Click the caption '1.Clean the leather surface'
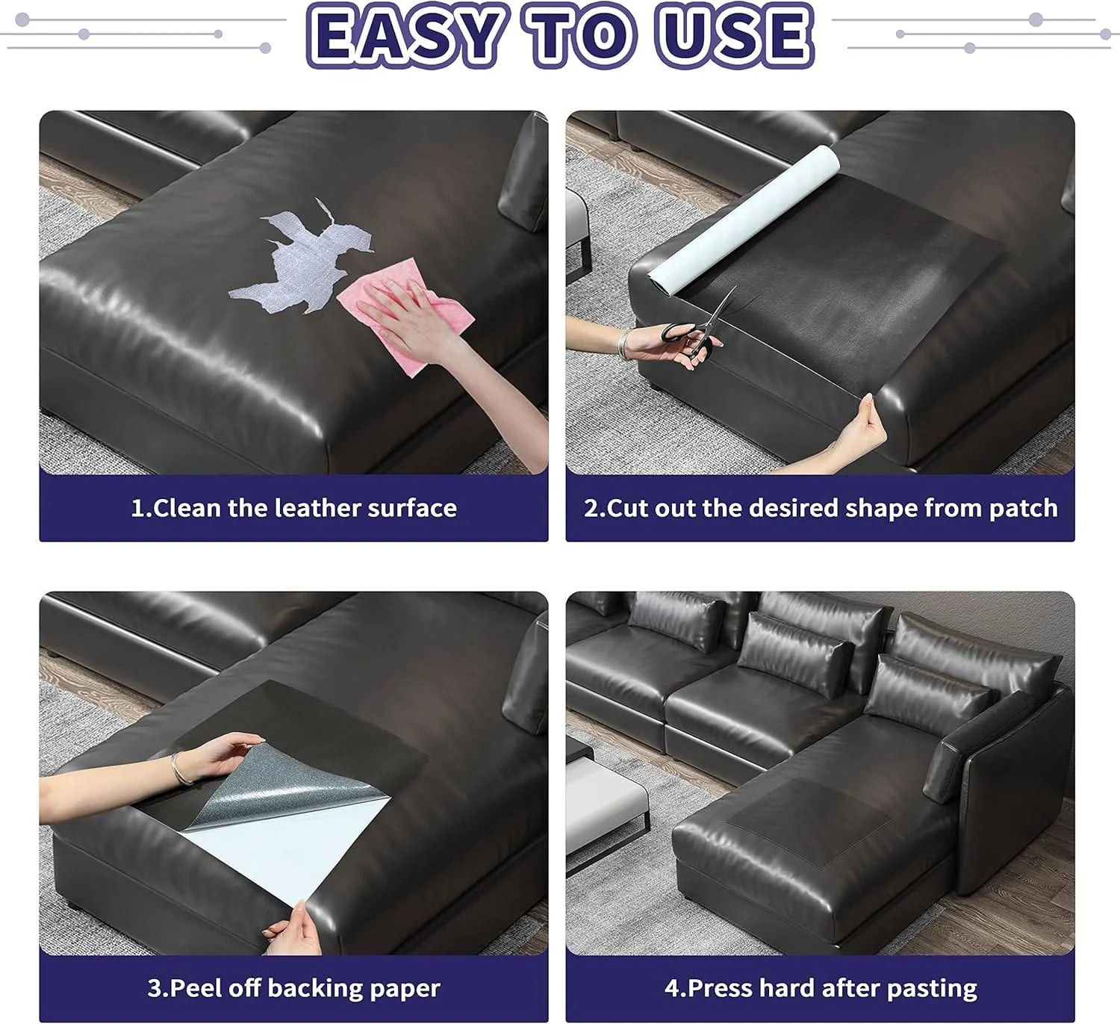pyautogui.click(x=293, y=508)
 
